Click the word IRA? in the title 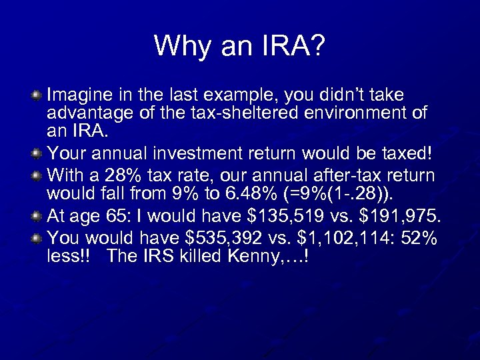click(291, 46)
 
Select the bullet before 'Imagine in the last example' click(37, 96)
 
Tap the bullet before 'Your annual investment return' click(37, 155)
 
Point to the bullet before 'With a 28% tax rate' click(37, 176)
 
